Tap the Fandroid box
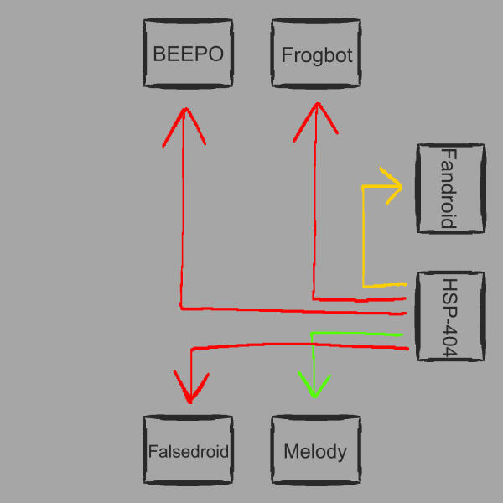coord(450,188)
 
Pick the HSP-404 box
coord(450,317)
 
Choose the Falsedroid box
coord(188,451)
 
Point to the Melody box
coord(315,451)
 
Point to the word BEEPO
coord(188,54)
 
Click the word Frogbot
coord(317,55)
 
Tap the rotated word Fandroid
coord(448,188)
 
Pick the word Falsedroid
coord(188,451)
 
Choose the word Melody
coord(315,452)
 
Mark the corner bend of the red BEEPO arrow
coord(181,308)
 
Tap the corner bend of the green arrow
coord(313,334)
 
